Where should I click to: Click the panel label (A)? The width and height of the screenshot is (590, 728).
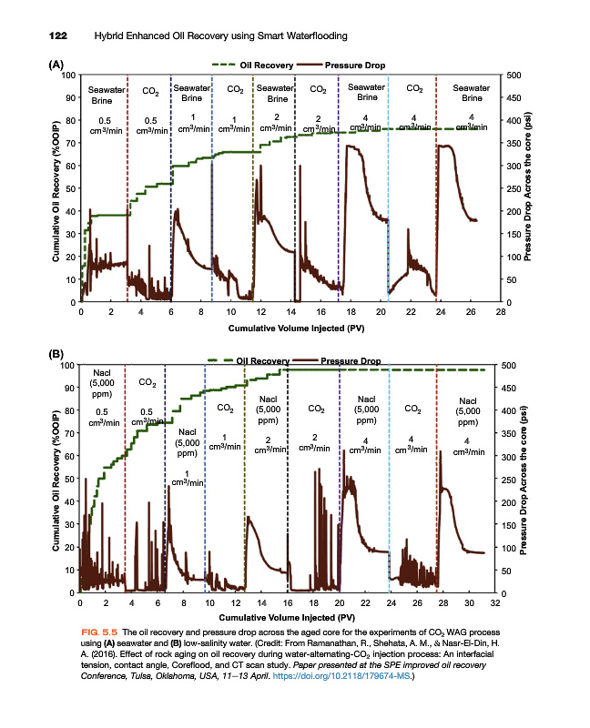56,66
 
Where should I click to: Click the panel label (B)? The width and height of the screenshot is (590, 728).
56,352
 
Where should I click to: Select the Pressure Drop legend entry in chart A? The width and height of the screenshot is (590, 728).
351,66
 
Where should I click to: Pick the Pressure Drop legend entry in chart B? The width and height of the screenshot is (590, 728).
351,361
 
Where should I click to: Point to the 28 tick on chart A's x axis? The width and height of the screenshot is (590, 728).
501,312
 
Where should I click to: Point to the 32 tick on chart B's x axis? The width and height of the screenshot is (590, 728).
494,602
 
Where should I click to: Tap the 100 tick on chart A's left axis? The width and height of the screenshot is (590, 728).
69,76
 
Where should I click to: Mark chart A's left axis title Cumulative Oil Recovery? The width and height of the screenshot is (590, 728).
56,188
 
